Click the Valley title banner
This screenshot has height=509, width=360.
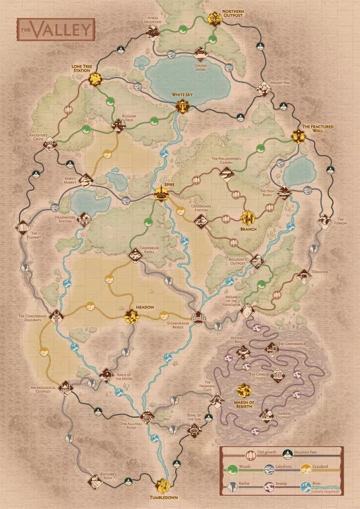click(55, 29)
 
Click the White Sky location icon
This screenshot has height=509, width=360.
click(182, 106)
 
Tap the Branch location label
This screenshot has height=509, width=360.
click(248, 229)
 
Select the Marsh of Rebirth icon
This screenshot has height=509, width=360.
click(244, 390)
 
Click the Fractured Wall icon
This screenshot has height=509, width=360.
click(298, 136)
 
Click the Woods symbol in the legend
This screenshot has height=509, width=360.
click(229, 467)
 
